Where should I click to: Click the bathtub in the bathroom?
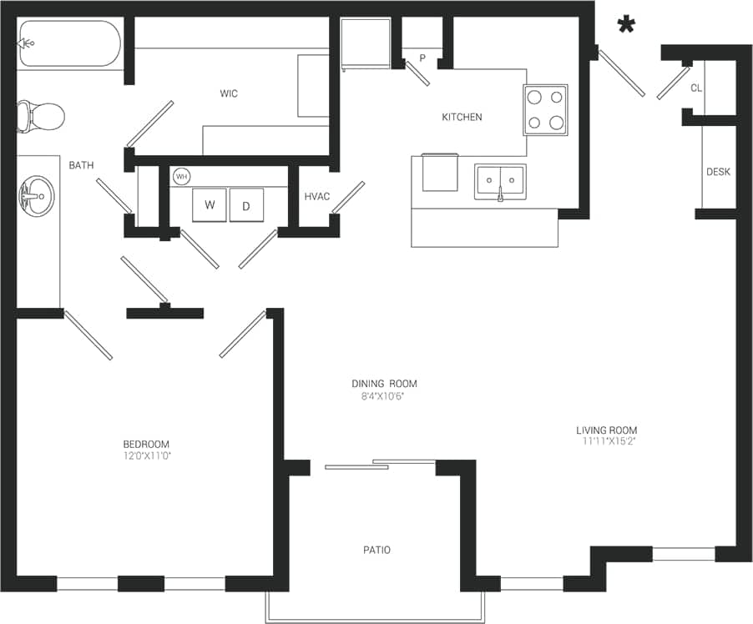(x=70, y=43)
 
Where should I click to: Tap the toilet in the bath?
(x=42, y=117)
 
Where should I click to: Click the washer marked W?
(x=209, y=205)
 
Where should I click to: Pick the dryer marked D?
(x=246, y=205)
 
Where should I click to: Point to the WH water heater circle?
(x=181, y=177)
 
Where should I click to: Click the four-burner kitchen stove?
(x=545, y=110)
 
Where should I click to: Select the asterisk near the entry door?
(x=625, y=26)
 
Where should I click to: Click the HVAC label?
(x=317, y=196)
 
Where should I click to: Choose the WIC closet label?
(x=228, y=93)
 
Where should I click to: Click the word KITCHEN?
(x=462, y=117)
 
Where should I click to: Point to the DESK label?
(x=718, y=172)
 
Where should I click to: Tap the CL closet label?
(x=695, y=88)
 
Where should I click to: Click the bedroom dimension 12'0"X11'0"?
(x=146, y=456)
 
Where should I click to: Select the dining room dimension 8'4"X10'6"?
(x=383, y=396)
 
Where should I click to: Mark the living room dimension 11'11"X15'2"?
(x=606, y=443)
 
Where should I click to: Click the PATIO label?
(x=376, y=550)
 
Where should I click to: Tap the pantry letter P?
(x=422, y=58)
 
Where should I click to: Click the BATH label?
(x=81, y=165)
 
